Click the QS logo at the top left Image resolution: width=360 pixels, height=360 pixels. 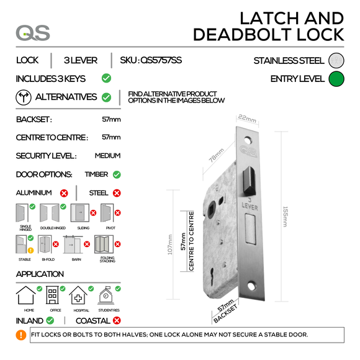(33, 33)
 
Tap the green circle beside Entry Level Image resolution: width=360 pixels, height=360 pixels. (336, 79)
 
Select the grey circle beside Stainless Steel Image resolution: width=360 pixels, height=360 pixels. (336, 61)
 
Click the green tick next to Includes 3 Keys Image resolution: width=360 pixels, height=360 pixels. (106, 79)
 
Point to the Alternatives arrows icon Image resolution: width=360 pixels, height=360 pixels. (24, 97)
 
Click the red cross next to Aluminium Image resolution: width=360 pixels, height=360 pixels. (63, 194)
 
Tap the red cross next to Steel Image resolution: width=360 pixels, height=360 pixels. (114, 194)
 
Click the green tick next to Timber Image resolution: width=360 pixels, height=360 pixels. (117, 174)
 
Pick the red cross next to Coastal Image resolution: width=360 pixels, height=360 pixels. (115, 321)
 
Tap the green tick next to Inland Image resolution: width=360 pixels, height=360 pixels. (50, 321)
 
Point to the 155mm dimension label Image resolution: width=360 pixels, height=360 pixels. (284, 217)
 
